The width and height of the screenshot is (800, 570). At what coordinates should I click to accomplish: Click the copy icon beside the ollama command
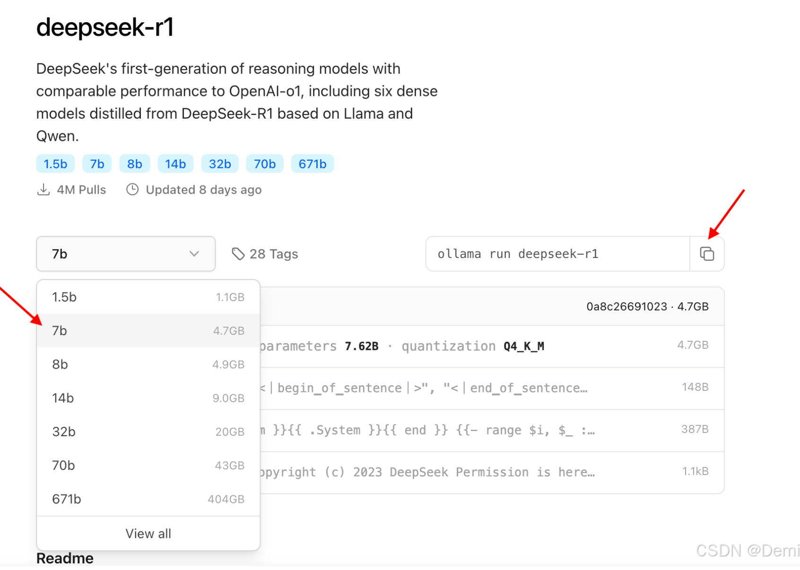707,254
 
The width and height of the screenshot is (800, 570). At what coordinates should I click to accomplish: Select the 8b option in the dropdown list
60,364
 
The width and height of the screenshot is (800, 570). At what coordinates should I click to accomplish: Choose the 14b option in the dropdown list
63,398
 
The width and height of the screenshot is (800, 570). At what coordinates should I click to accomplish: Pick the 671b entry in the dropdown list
67,499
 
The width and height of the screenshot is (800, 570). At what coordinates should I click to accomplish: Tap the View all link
148,534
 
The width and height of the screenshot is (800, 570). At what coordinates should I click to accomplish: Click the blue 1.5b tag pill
55,164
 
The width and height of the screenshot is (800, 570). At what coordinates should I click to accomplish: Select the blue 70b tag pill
265,164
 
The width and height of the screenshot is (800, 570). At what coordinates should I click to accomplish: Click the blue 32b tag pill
220,164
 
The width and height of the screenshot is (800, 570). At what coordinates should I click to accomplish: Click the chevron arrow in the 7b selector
194,254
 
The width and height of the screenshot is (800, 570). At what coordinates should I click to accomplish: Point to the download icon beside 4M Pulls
43,190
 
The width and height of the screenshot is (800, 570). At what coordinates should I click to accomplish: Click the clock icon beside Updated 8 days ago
132,190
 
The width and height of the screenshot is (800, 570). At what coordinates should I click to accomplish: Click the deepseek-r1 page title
105,27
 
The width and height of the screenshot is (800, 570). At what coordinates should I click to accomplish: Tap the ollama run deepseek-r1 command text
518,254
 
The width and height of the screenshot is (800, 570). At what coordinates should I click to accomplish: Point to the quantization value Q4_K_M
524,346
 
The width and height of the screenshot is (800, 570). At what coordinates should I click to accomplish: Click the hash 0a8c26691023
626,307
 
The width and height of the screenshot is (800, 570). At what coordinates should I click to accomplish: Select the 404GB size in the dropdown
226,499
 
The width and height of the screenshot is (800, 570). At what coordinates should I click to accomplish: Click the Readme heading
65,558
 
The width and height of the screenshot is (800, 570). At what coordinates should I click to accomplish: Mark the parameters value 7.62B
362,346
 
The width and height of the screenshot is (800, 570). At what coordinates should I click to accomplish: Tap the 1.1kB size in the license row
695,471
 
